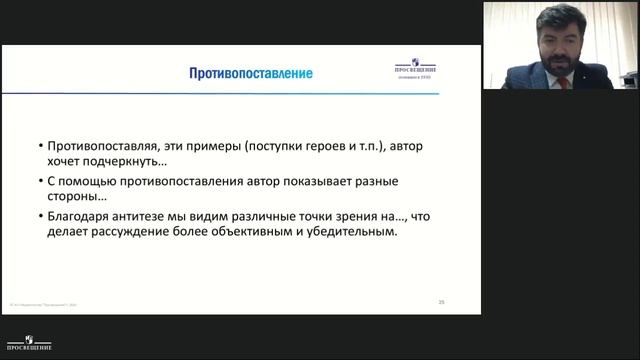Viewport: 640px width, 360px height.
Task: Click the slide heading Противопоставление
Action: [x=251, y=74]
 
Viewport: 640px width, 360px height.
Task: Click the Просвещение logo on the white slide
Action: [x=414, y=71]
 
